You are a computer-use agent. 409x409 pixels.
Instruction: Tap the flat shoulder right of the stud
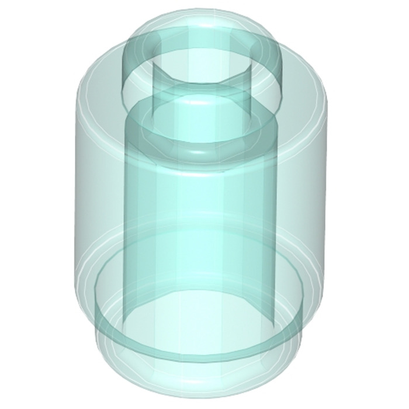[304, 73]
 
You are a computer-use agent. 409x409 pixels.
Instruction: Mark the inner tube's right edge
[276, 234]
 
